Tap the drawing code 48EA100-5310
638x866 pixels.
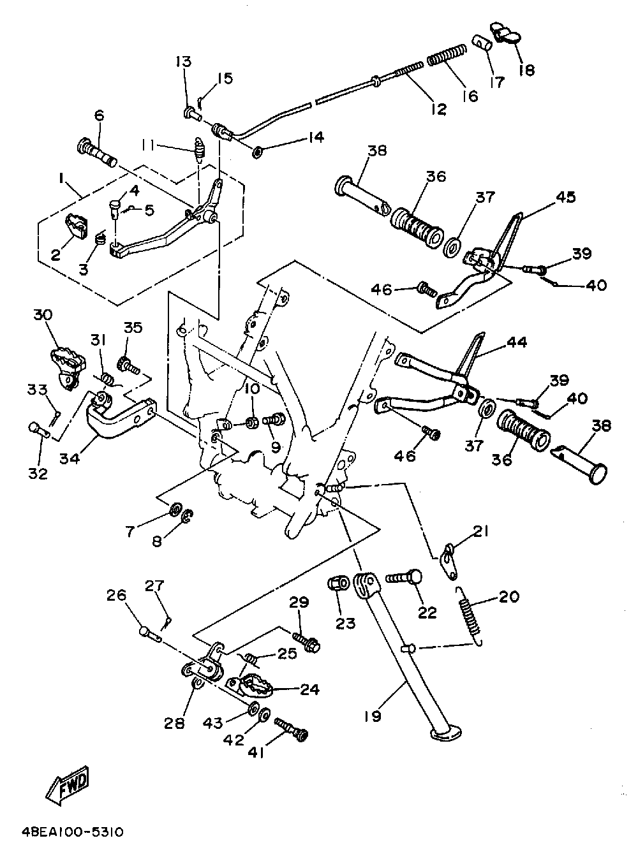pyautogui.click(x=72, y=833)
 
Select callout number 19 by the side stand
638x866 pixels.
pyautogui.click(x=373, y=716)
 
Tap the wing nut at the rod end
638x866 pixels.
pyautogui.click(x=505, y=32)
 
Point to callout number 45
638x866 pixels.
pyautogui.click(x=566, y=197)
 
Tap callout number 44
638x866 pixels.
pyautogui.click(x=517, y=342)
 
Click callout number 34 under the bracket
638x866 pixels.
pyautogui.click(x=70, y=457)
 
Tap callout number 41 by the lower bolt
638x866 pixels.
pyautogui.click(x=257, y=752)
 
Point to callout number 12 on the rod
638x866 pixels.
pyautogui.click(x=438, y=108)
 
